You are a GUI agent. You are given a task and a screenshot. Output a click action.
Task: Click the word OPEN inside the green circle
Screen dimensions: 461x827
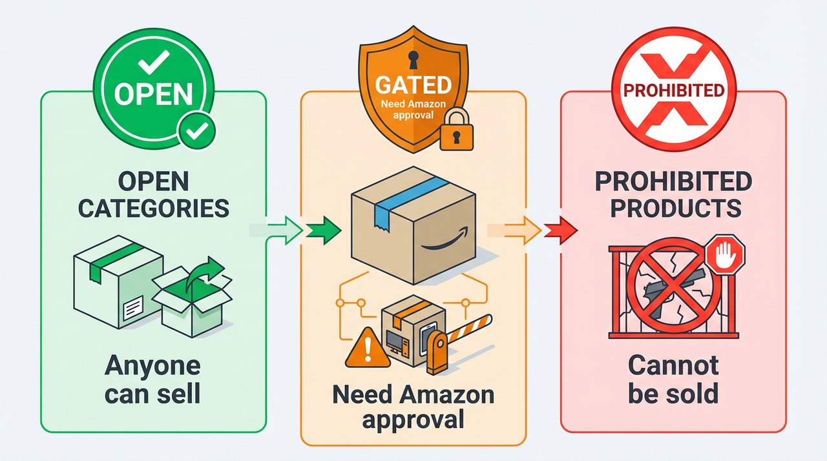pyautogui.click(x=154, y=94)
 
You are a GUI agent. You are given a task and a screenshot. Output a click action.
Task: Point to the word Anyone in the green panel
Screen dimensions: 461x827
pyautogui.click(x=152, y=365)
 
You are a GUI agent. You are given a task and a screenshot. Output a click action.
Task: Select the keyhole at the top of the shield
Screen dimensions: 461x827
pyautogui.click(x=413, y=59)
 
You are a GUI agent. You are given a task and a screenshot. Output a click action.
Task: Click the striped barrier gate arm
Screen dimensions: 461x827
pyautogui.click(x=468, y=326)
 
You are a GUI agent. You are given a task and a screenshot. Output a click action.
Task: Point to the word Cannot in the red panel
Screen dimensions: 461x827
pyautogui.click(x=673, y=365)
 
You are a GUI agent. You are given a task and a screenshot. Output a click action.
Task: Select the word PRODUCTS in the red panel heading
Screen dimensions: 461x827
pyautogui.click(x=673, y=208)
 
